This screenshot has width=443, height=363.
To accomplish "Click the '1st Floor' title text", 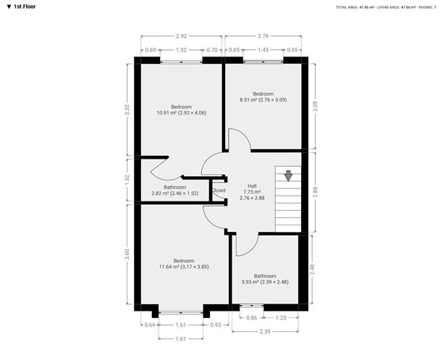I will point(25,7).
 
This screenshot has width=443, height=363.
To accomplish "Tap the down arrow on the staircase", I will point(288,175).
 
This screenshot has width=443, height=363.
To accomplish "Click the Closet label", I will point(218,191).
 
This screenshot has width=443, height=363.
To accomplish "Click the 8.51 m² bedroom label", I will point(262,96).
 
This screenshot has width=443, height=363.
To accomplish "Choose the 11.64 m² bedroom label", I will point(183,263).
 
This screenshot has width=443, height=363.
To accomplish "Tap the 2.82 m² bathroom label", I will point(174,190).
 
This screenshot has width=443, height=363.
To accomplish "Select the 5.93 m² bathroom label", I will point(264,279).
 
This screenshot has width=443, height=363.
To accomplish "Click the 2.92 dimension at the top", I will point(181,35).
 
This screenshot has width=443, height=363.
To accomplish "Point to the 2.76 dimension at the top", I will point(263,35).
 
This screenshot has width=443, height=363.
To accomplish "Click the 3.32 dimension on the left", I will point(128,109).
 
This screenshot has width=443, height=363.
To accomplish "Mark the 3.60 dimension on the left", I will point(128,254).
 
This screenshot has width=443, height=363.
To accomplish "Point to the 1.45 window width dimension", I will point(263,49).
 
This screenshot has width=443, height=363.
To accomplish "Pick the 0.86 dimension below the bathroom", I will point(251,318).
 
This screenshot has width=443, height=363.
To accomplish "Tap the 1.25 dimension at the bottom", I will point(281,318).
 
